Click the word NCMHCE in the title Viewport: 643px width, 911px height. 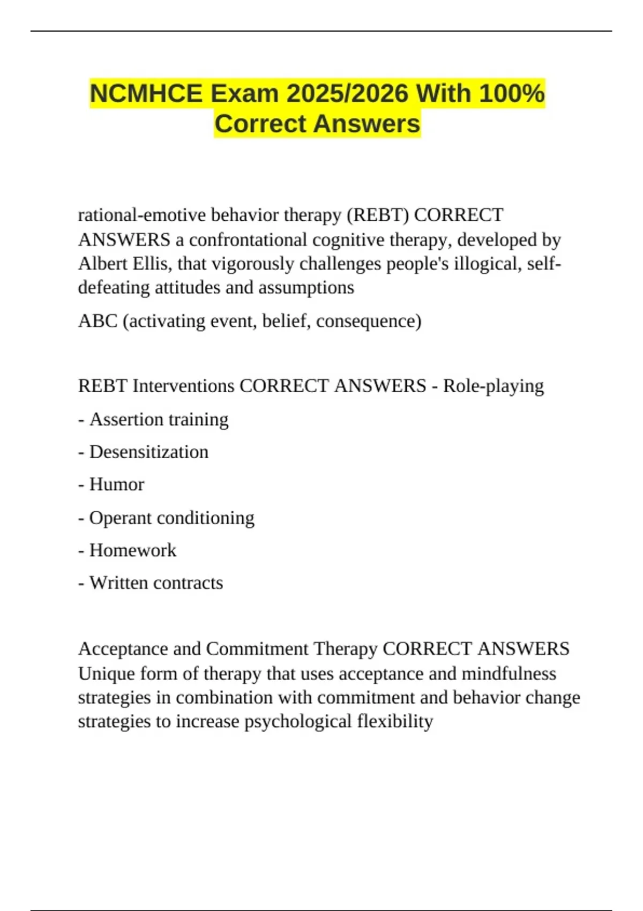coord(146,93)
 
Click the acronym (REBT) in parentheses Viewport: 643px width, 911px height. coord(378,215)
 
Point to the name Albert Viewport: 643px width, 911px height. coord(103,264)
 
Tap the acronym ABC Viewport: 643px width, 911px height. coord(98,321)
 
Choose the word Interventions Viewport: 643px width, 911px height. coord(183,386)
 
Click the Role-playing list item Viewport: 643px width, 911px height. coord(493,386)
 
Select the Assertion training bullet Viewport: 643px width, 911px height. coord(159,419)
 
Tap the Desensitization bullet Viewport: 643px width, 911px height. coord(148,452)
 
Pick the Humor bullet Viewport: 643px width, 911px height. coord(116,484)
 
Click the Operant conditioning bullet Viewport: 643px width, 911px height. coord(171,518)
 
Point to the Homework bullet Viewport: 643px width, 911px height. coord(132,550)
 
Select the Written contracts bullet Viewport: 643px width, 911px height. coord(156,583)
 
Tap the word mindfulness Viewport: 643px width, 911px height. coord(509,674)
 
